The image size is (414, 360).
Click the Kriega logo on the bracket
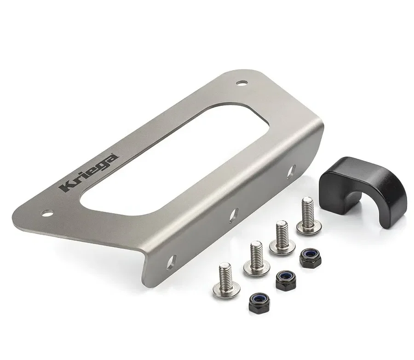[89, 173]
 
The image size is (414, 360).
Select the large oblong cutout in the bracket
[174, 159]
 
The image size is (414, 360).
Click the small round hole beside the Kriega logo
[47, 213]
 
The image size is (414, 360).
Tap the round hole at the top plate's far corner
[242, 83]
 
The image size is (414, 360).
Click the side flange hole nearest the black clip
[292, 172]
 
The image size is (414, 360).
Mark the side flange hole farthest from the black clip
[171, 262]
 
